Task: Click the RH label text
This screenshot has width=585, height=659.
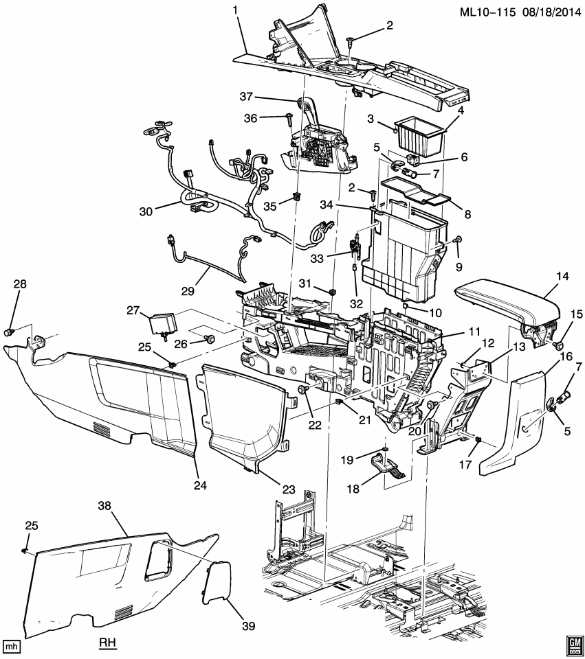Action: (109, 644)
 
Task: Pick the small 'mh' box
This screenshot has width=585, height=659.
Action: (11, 647)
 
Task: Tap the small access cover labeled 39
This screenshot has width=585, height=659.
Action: (217, 581)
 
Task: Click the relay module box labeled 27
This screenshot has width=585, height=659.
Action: (164, 323)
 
